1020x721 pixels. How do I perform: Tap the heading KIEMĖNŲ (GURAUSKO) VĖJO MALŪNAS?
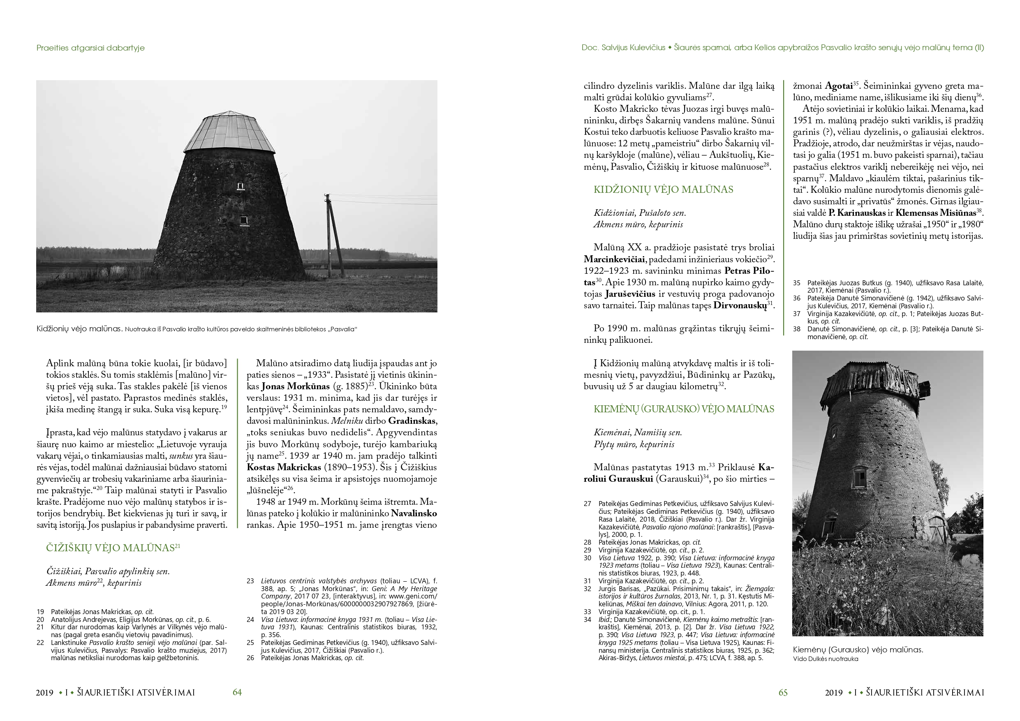click(684, 409)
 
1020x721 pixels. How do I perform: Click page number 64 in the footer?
click(237, 692)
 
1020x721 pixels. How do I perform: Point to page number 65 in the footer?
click(783, 692)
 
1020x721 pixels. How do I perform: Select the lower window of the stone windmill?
click(243, 220)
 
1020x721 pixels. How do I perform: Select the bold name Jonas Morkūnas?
click(296, 386)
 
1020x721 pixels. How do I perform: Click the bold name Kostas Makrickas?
click(284, 467)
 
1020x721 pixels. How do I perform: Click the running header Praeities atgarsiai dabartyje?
click(90, 48)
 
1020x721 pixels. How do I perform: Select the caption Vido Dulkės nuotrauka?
click(826, 659)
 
